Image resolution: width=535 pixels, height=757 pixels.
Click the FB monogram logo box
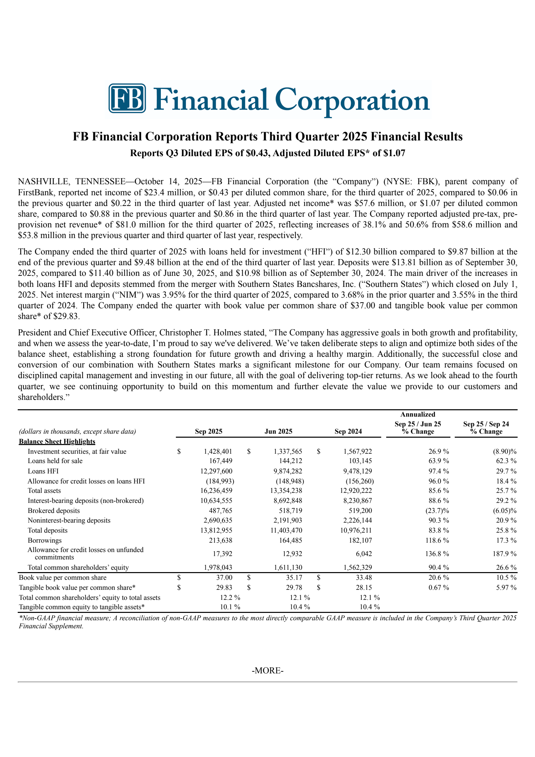point(127,98)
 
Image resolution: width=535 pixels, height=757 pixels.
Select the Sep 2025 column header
point(208,431)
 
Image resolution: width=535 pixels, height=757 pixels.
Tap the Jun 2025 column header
point(278,431)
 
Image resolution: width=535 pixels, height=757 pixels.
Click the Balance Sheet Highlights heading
point(57,441)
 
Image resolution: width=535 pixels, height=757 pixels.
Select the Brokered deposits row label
point(53,511)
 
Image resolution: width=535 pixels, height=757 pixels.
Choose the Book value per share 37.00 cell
point(224,577)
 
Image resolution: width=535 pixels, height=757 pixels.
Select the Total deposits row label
point(47,530)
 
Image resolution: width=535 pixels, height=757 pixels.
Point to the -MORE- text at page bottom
point(267,670)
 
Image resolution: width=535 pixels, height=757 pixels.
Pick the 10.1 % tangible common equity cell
point(230,607)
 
